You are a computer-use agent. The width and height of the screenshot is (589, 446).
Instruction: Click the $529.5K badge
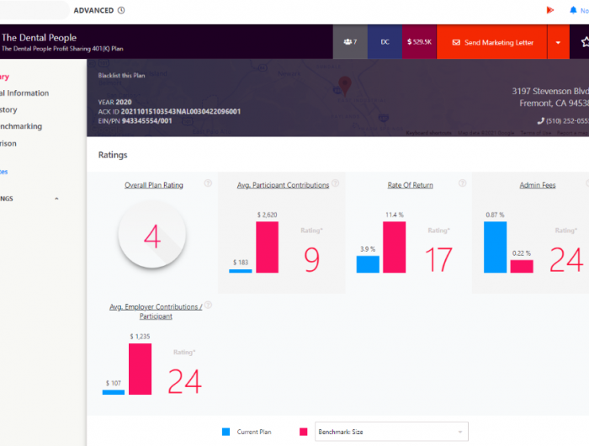pyautogui.click(x=419, y=42)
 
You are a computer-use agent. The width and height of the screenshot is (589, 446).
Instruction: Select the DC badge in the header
pyautogui.click(x=385, y=42)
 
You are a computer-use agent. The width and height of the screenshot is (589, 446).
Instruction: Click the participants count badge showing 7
pyautogui.click(x=350, y=42)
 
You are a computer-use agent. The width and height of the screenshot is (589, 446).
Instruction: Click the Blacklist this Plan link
pyautogui.click(x=122, y=76)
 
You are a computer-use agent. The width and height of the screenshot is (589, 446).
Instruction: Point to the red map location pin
pyautogui.click(x=344, y=85)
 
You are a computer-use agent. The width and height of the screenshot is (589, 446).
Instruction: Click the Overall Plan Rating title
pyautogui.click(x=154, y=185)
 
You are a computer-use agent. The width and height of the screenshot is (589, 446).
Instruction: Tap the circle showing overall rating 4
pyautogui.click(x=152, y=238)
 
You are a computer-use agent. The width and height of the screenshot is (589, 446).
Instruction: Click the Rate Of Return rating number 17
pyautogui.click(x=438, y=260)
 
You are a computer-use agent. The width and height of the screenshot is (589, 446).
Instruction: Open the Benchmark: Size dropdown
pyautogui.click(x=391, y=432)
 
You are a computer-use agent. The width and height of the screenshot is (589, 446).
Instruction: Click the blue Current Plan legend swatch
pyautogui.click(x=226, y=432)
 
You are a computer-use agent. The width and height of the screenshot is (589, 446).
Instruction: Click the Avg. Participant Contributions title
pyautogui.click(x=283, y=185)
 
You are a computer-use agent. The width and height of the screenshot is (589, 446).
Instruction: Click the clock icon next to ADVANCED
pyautogui.click(x=121, y=10)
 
